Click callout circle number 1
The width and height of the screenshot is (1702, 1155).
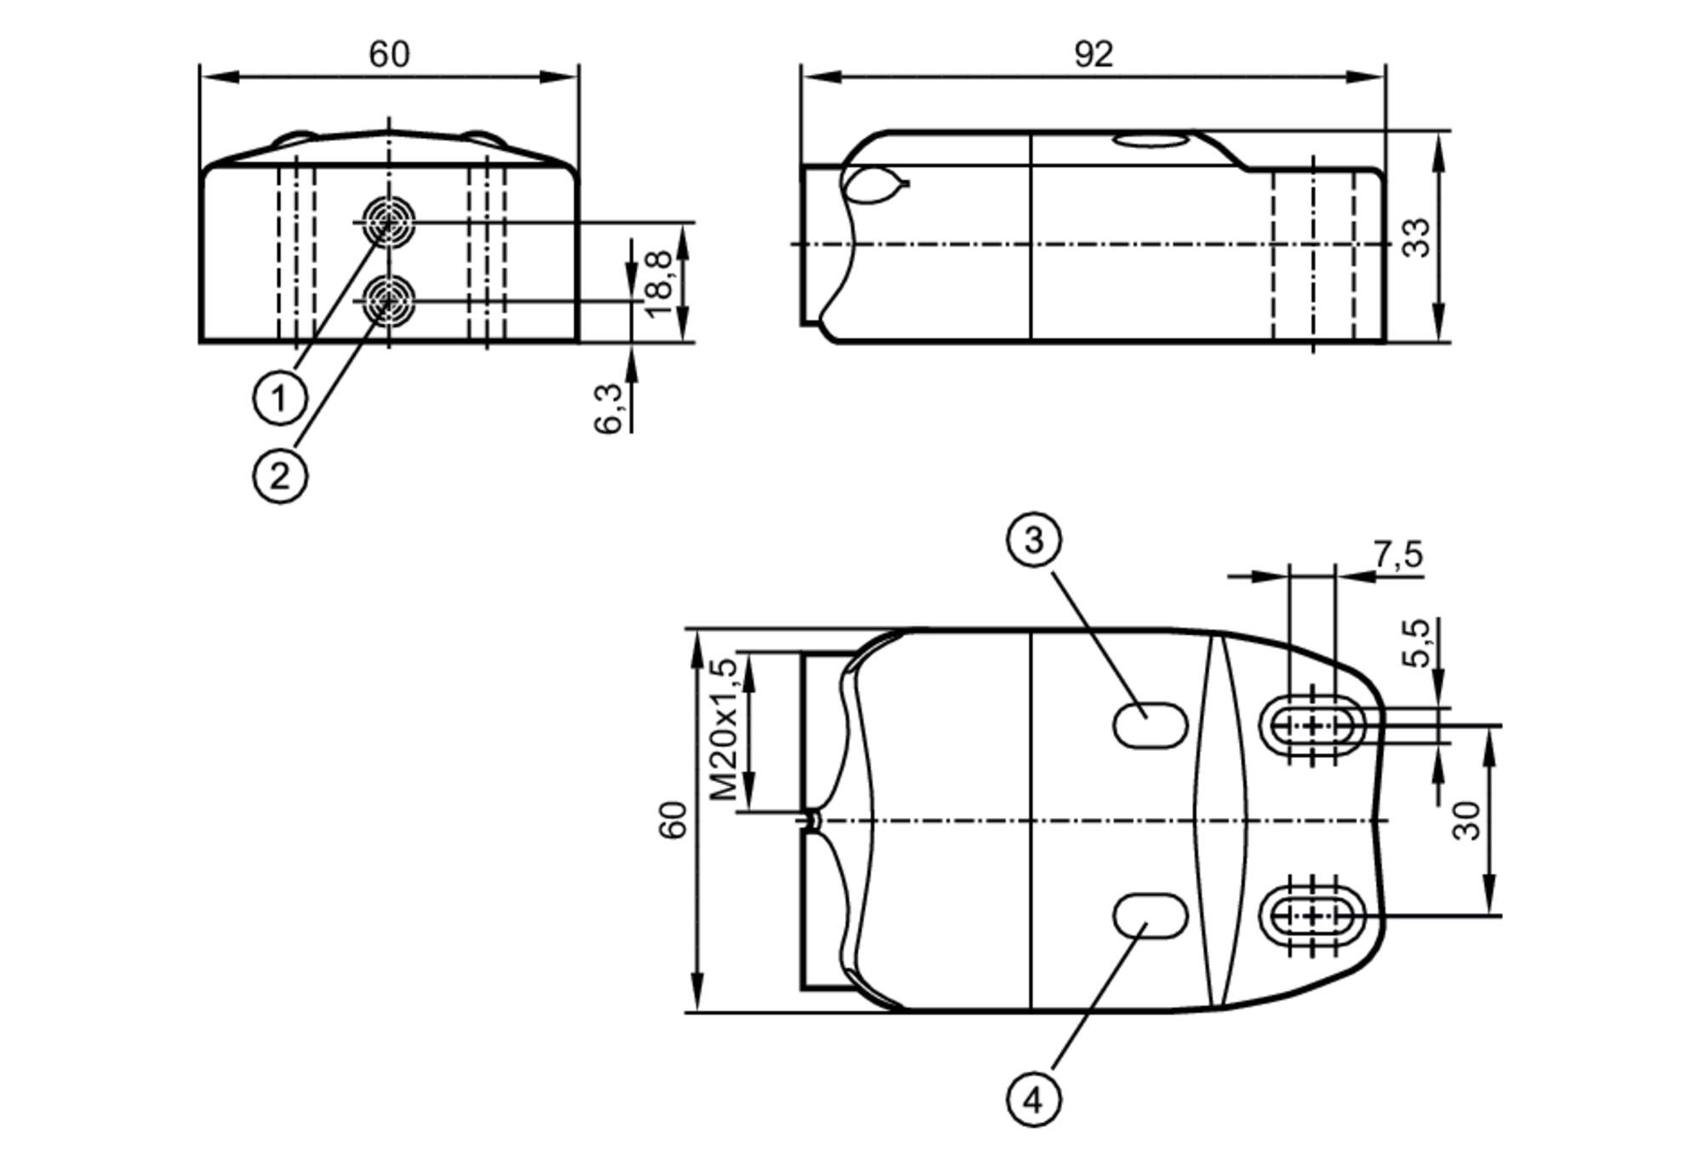click(x=280, y=397)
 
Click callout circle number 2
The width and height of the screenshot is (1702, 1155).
click(x=280, y=476)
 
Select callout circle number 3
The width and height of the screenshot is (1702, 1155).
click(x=1033, y=540)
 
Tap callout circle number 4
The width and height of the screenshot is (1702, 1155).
click(x=1033, y=1101)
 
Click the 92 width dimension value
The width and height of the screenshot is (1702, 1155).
click(x=1093, y=54)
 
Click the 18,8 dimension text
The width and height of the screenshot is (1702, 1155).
click(x=660, y=284)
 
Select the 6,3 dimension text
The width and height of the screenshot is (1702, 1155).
click(x=608, y=409)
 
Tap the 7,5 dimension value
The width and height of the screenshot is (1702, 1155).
click(x=1397, y=555)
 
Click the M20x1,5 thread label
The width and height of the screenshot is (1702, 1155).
click(x=724, y=729)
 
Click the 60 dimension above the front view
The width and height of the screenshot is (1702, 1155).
click(x=389, y=54)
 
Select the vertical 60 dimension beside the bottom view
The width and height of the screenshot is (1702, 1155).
click(x=672, y=821)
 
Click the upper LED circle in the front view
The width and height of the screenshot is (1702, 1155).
click(x=389, y=222)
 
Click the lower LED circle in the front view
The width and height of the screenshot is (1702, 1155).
click(x=389, y=300)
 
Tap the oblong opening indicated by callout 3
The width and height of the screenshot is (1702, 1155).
click(x=1151, y=725)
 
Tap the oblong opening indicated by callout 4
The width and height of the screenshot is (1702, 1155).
click(x=1151, y=916)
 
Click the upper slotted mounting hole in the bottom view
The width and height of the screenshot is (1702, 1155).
click(x=1312, y=726)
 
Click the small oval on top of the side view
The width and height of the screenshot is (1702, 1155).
click(x=1151, y=140)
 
